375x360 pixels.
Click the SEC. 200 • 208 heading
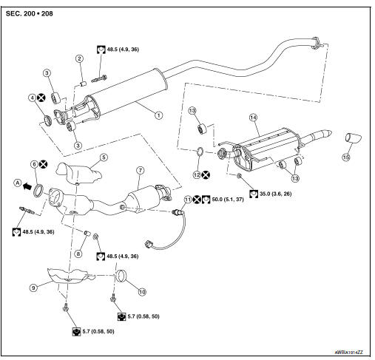click(29, 13)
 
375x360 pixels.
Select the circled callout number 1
click(159, 115)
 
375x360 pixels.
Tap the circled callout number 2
click(79, 58)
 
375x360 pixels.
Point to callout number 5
click(104, 157)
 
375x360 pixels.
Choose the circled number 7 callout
click(140, 170)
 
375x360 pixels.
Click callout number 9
click(33, 288)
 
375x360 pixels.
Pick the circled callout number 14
click(254, 118)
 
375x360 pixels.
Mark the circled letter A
click(18, 183)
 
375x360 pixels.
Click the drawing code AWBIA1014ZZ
click(348, 353)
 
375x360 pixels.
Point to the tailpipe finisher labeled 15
click(354, 137)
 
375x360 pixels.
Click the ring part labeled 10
click(121, 276)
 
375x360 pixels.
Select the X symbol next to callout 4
click(41, 98)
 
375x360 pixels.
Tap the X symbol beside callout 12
click(206, 175)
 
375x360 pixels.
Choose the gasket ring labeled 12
click(200, 152)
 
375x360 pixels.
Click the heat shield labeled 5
click(78, 173)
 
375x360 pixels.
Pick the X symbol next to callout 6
click(44, 164)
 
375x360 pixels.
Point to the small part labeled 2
click(83, 84)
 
